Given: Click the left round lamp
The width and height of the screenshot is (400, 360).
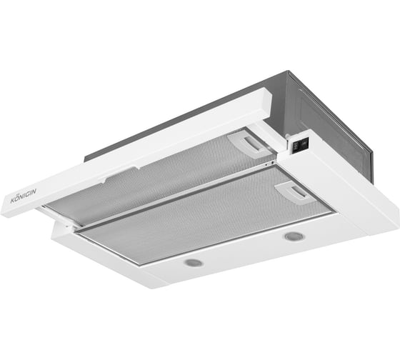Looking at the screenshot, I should tap(193, 262).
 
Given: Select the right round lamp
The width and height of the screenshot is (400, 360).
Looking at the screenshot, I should tap(294, 236).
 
